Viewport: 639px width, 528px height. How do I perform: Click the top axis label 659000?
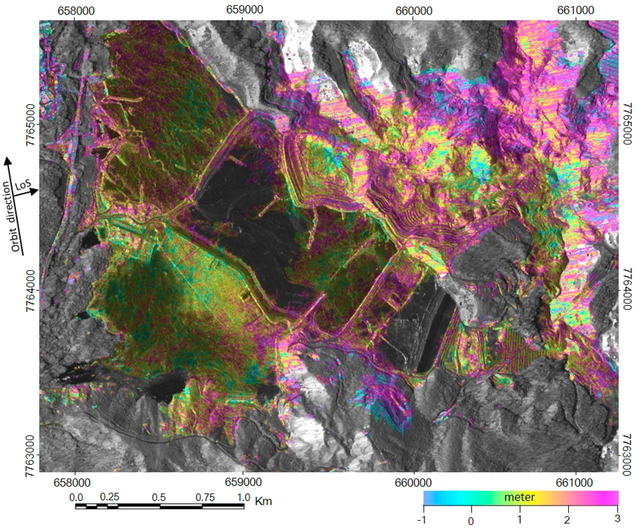[245, 10]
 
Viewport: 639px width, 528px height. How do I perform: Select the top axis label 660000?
[414, 11]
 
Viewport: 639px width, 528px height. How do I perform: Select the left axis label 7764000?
[31, 290]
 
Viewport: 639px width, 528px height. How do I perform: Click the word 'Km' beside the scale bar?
[263, 501]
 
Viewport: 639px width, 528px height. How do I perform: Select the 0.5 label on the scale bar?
[159, 498]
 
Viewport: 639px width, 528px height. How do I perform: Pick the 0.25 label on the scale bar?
[110, 497]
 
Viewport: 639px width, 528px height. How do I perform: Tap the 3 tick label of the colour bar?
[617, 518]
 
